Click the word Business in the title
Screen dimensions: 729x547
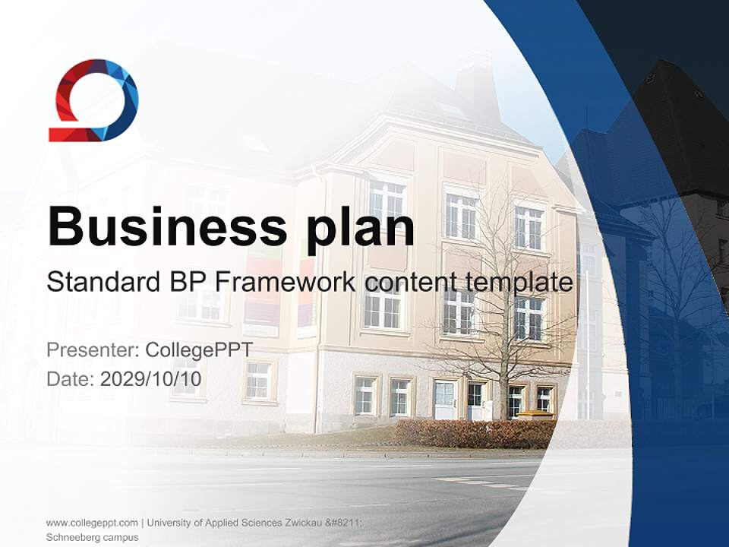tap(167, 226)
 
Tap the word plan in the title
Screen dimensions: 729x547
tap(360, 229)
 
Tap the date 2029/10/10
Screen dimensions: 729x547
tap(150, 379)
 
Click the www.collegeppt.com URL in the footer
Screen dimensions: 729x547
tap(92, 523)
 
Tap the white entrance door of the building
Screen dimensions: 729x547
tap(444, 400)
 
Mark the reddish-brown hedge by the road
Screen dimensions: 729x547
tap(474, 434)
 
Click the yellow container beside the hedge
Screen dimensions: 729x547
tap(535, 415)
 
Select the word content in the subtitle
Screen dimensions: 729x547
tap(411, 283)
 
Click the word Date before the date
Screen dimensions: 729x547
tap(71, 379)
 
